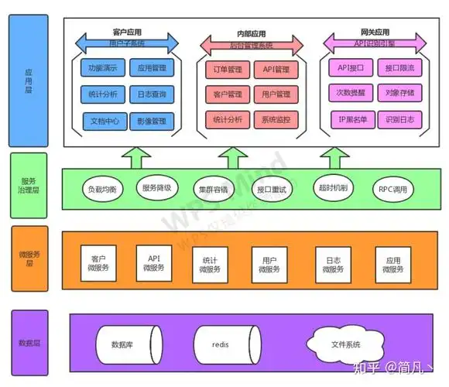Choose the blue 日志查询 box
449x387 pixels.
(152, 94)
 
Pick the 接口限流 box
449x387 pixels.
(399, 69)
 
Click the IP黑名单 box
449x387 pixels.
(351, 120)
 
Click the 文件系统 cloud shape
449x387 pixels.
(345, 341)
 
